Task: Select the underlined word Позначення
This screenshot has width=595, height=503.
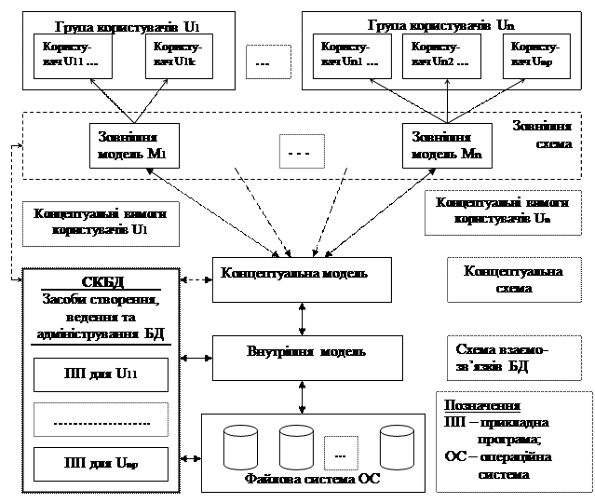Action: [x=482, y=407]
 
